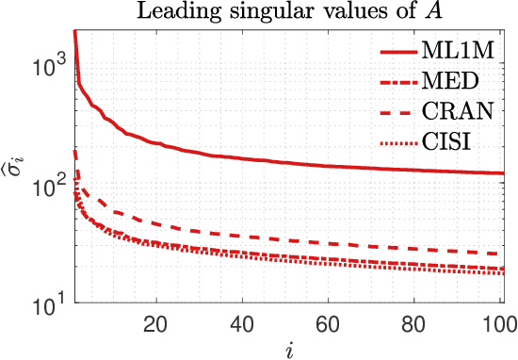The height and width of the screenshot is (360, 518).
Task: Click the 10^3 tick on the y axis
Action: pyautogui.click(x=46, y=65)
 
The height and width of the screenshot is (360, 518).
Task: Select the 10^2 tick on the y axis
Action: pyautogui.click(x=46, y=185)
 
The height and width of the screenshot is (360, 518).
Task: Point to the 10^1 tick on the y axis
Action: pyautogui.click(x=46, y=304)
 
